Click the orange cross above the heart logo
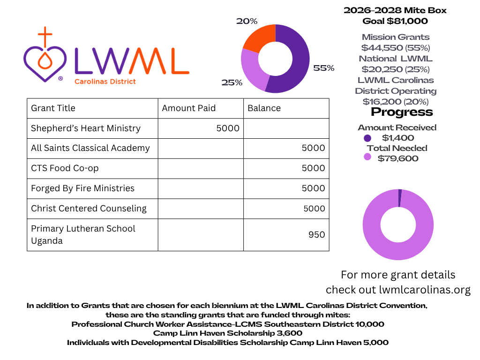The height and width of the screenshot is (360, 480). [45, 36]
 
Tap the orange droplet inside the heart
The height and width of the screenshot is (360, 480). [45, 60]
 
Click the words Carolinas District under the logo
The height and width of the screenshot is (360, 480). [105, 82]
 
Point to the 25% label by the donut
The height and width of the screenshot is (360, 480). [232, 82]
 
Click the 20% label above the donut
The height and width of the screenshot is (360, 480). [247, 21]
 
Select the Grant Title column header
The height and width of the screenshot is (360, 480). [53, 108]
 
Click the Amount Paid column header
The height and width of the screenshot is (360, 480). [189, 108]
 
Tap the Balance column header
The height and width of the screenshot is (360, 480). [264, 108]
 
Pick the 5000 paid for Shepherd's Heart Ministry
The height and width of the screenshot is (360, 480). [228, 128]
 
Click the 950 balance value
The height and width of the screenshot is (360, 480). [316, 235]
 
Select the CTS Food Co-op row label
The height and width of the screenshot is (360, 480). [65, 168]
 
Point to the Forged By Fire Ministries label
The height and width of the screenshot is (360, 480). [82, 188]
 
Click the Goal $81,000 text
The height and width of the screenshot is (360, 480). [395, 21]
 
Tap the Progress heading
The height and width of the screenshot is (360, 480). [402, 112]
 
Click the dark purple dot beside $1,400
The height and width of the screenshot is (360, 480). [367, 138]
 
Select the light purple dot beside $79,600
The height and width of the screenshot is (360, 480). [367, 157]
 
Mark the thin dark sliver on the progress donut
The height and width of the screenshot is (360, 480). [400, 198]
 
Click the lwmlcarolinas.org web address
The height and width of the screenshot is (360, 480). [425, 290]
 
